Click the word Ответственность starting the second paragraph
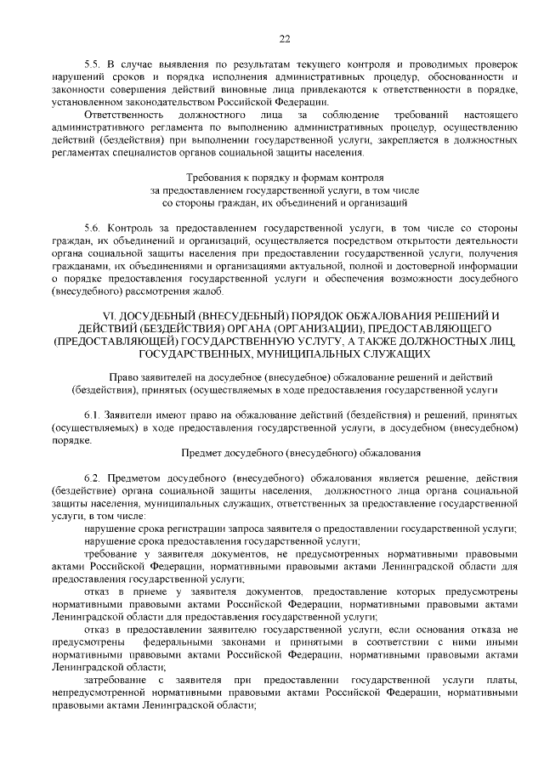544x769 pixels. (122, 112)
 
